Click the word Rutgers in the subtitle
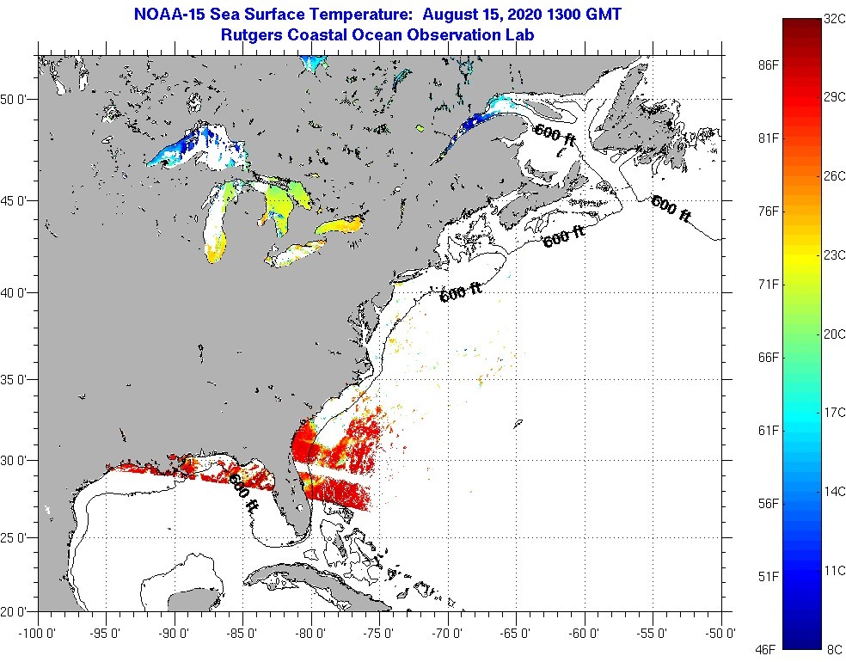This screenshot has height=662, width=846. tap(251, 35)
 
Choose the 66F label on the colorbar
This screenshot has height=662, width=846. tap(768, 357)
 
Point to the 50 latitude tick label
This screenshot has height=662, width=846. tap(19, 99)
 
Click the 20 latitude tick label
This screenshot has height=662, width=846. tap(19, 611)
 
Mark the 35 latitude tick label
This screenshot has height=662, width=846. tap(19, 379)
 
